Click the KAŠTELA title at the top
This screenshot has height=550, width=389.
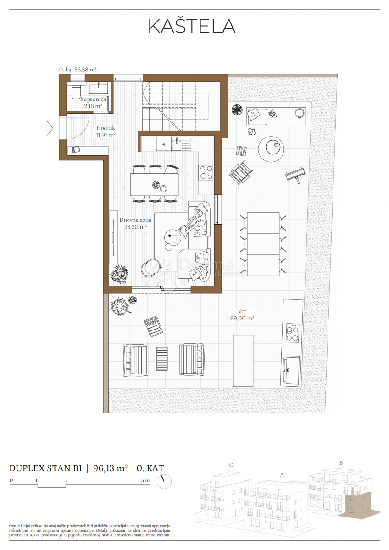(192, 27)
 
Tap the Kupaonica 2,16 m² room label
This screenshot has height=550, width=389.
(93, 102)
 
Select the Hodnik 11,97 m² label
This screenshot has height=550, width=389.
(106, 132)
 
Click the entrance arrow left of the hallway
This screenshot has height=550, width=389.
(50, 128)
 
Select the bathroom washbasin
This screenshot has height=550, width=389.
(98, 88)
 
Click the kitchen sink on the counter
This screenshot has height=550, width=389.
(177, 145)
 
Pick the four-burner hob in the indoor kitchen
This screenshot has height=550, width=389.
(206, 172)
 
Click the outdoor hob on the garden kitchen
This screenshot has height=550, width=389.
(292, 332)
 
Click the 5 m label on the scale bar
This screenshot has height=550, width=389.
(144, 480)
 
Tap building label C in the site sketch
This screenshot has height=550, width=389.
(231, 465)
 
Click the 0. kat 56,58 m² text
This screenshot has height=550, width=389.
(78, 70)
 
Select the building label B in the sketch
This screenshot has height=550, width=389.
(341, 462)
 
